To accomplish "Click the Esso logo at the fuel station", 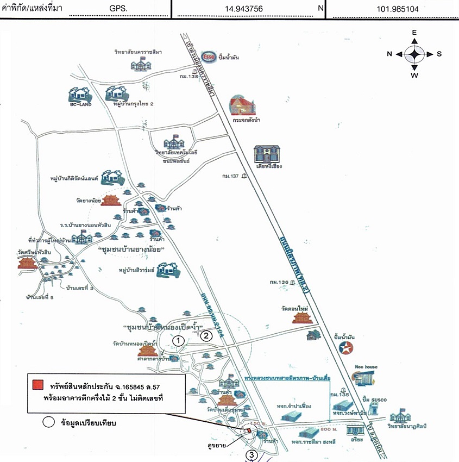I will click(x=209, y=56).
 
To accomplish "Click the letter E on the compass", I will click(x=414, y=33).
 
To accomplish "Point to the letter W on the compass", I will click(x=414, y=75).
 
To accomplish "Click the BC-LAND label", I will click(x=80, y=104).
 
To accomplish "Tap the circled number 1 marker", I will click(x=179, y=340).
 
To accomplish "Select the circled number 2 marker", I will click(x=206, y=335).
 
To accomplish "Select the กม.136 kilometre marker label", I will click(x=278, y=282).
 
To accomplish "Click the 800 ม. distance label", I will click(x=326, y=429).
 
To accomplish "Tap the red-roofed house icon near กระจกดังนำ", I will click(x=242, y=104).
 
